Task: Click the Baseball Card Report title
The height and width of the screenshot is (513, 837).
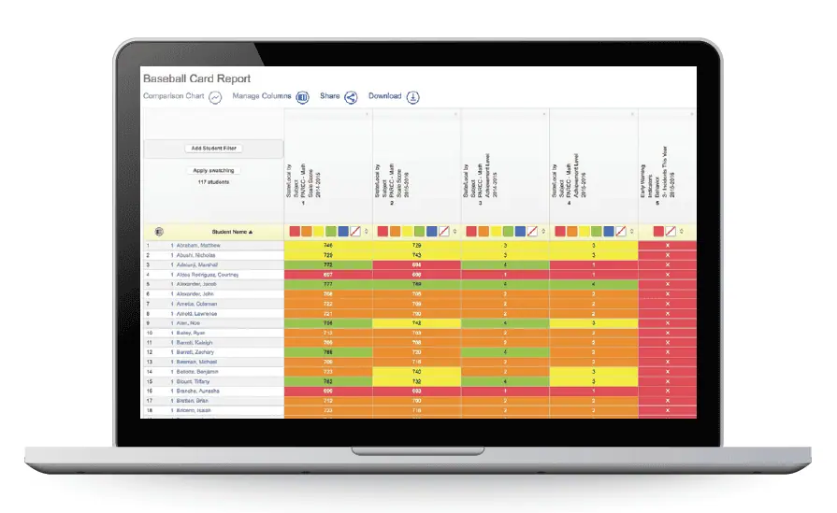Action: pos(196,79)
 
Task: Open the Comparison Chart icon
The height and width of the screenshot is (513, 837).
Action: pos(215,96)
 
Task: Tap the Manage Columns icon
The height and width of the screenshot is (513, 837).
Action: pos(303,96)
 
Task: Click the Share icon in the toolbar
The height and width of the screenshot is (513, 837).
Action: pos(352,96)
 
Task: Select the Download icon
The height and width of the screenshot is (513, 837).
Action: pos(413,96)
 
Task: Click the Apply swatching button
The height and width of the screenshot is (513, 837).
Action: pos(214,170)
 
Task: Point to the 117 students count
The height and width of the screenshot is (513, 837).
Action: pos(214,181)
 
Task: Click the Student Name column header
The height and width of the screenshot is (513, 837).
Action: pos(233,231)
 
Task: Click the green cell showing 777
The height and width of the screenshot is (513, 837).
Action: pos(327,284)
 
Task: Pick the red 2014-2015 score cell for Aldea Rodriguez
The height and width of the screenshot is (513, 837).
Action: pos(327,275)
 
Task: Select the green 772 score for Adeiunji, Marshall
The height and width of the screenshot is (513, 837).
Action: pos(327,264)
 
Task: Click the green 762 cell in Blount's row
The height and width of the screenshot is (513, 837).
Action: pos(327,381)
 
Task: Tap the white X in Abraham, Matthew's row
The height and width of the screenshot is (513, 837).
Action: pos(667,245)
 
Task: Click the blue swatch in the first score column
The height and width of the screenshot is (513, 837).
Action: pos(343,231)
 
